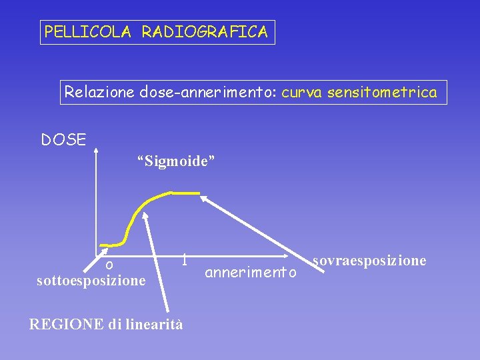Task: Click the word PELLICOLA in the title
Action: tap(87, 31)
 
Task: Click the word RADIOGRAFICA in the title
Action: tap(204, 31)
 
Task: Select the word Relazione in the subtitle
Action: tap(99, 92)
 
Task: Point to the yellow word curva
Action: tap(301, 92)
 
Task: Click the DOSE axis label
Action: tap(63, 140)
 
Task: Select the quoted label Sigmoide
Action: tap(176, 161)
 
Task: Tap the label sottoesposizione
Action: tap(91, 281)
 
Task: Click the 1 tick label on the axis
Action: tap(184, 259)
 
